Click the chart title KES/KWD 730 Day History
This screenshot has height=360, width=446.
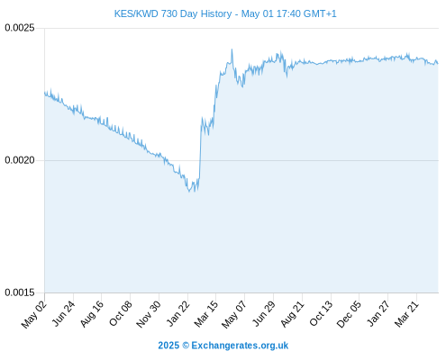click(x=225, y=13)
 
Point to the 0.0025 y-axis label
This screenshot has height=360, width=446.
click(x=20, y=28)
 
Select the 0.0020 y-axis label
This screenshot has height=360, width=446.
click(x=20, y=160)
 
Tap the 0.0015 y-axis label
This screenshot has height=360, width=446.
click(x=20, y=292)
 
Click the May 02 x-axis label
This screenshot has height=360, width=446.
click(x=34, y=314)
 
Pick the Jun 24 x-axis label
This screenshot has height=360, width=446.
click(x=63, y=313)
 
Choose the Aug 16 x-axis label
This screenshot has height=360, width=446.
click(x=92, y=314)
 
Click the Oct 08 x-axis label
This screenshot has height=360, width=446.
click(x=121, y=314)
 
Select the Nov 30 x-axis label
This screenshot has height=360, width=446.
click(x=149, y=314)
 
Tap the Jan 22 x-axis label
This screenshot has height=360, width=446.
click(x=178, y=313)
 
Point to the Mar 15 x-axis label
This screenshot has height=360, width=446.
click(x=206, y=314)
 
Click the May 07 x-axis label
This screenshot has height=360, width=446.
click(x=234, y=314)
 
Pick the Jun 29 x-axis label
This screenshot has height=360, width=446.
click(x=264, y=313)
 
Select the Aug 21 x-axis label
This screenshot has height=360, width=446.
click(x=293, y=314)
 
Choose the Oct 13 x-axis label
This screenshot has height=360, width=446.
click(x=322, y=314)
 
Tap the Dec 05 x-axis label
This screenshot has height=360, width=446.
click(x=349, y=314)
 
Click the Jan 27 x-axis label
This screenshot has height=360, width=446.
click(x=378, y=313)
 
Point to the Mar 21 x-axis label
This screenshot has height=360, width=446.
click(x=406, y=314)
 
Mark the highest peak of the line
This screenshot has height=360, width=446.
click(x=232, y=49)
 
